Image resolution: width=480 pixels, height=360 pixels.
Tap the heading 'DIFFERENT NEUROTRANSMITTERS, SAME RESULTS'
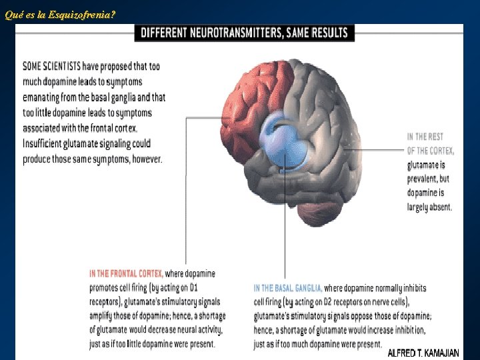tap(244, 33)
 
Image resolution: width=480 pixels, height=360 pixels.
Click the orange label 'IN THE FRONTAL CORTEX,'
tap(126, 273)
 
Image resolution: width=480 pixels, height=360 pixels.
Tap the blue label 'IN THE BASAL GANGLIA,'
tap(288, 288)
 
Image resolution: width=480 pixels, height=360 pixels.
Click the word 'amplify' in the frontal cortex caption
tap(103, 316)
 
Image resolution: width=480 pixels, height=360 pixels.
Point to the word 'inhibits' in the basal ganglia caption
tap(412, 288)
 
